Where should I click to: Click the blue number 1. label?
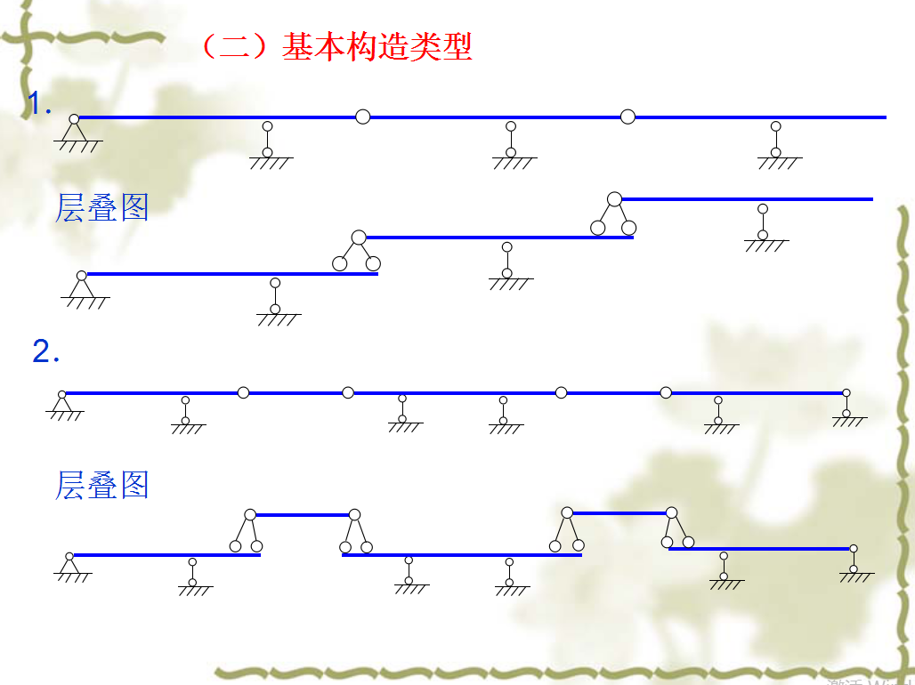[40, 105]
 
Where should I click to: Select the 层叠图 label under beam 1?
[101, 206]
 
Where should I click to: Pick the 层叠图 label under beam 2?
[101, 485]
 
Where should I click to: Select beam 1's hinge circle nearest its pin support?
[362, 117]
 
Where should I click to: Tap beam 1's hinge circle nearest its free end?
[628, 117]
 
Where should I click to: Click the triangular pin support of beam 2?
[62, 403]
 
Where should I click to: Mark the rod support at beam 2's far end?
[846, 407]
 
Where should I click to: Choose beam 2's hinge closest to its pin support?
[243, 392]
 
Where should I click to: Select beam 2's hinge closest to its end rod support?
[666, 392]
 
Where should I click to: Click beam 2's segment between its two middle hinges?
[454, 392]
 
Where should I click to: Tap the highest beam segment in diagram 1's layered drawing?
[748, 199]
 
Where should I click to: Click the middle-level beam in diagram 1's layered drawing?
[498, 238]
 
